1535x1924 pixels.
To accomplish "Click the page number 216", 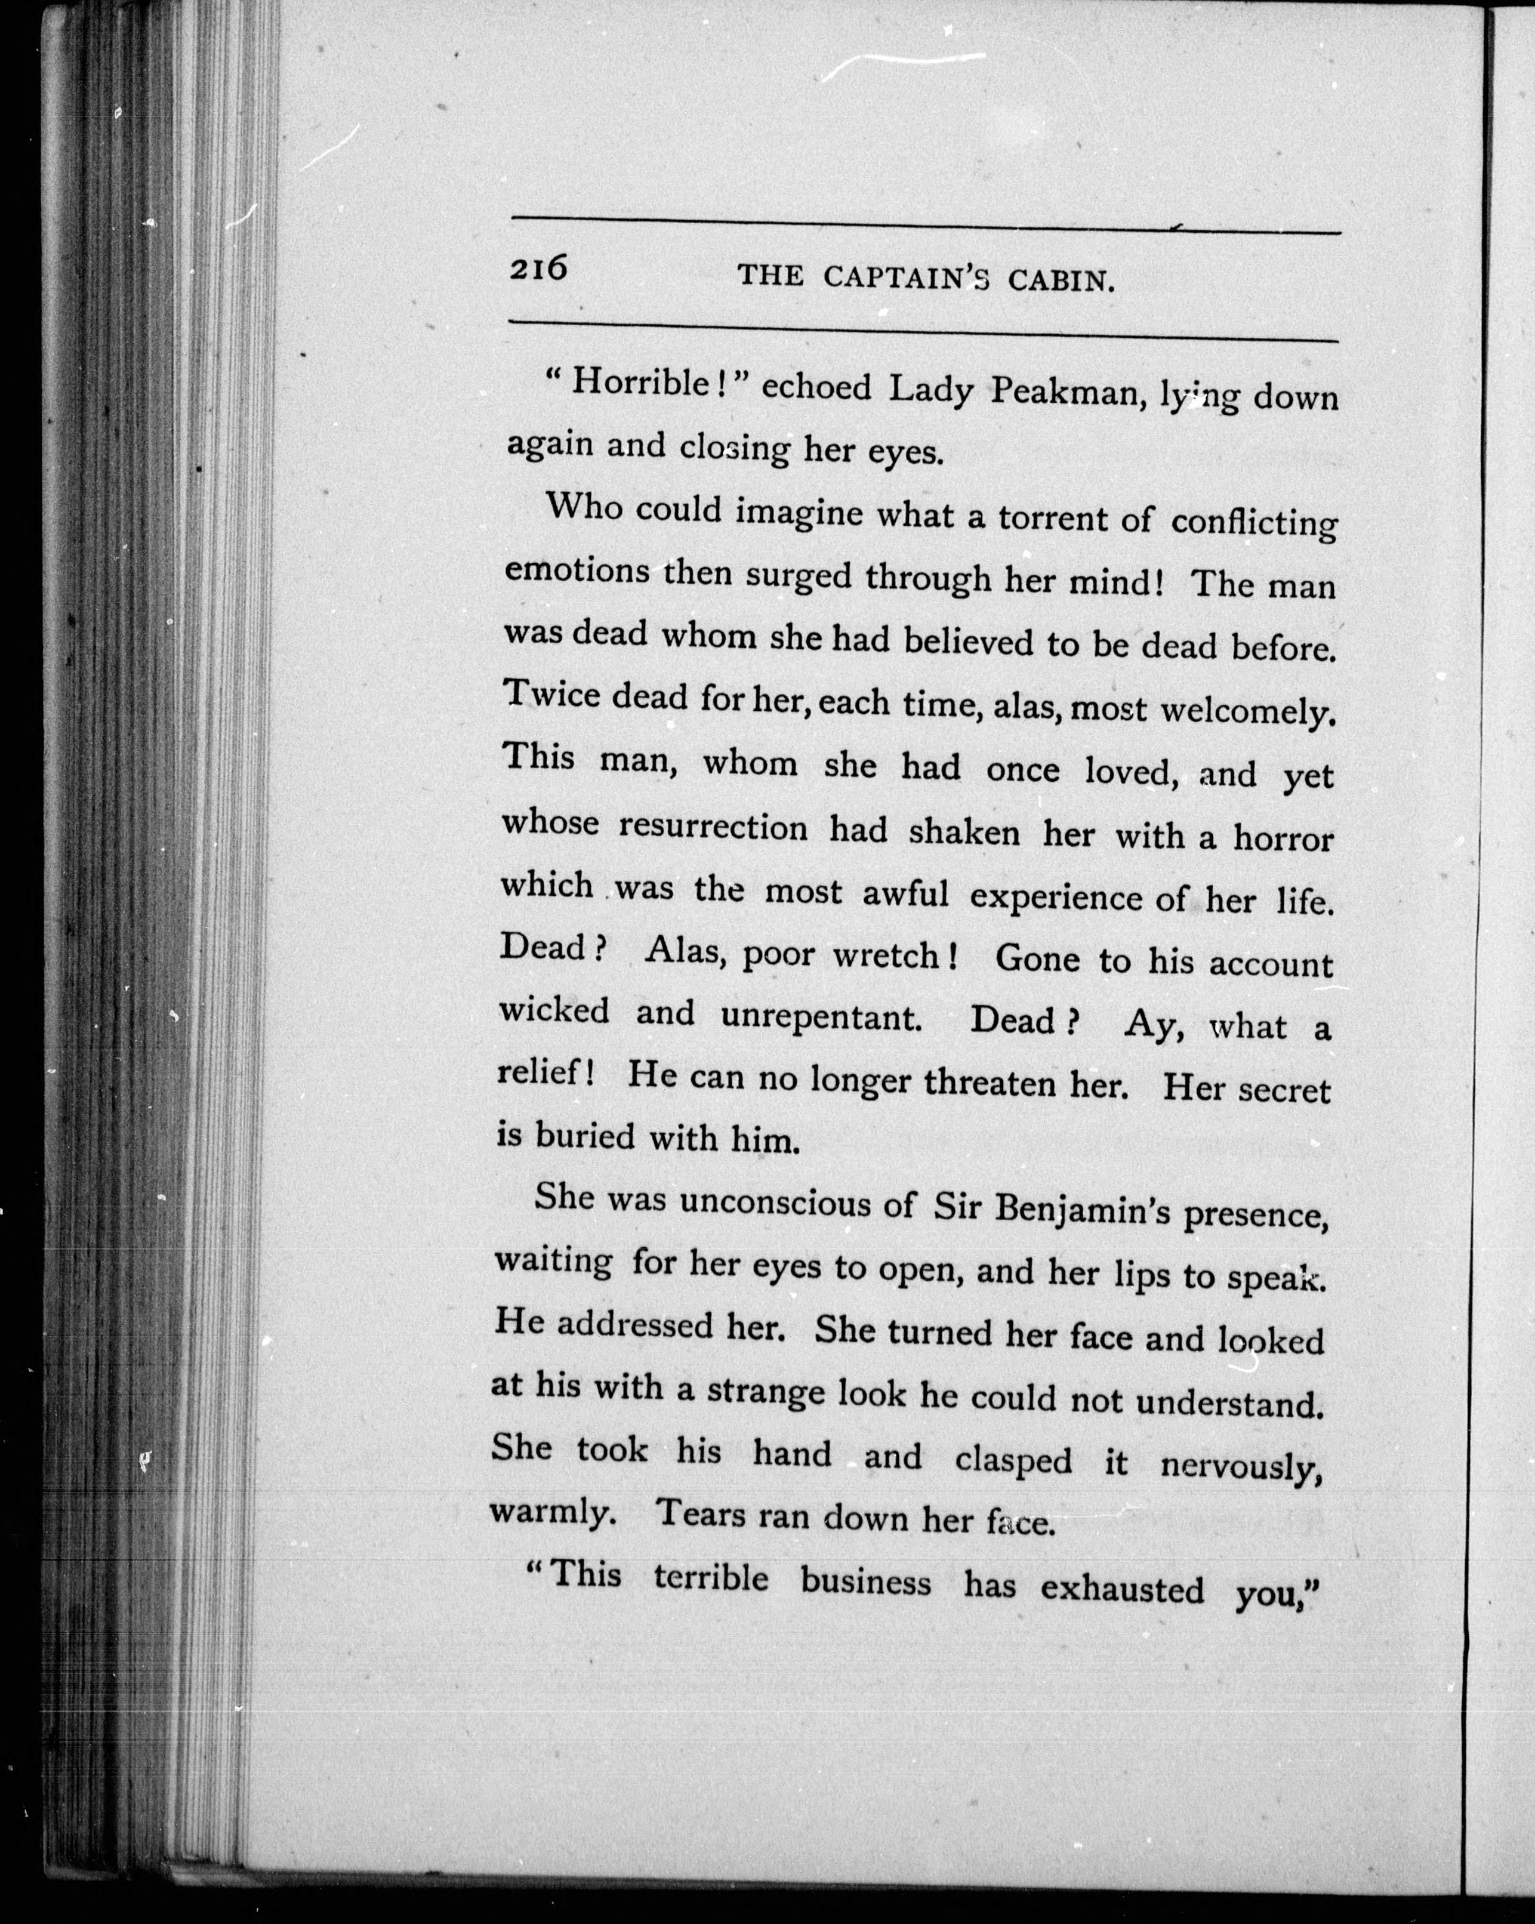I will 538,268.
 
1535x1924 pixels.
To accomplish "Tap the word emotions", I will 577,571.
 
